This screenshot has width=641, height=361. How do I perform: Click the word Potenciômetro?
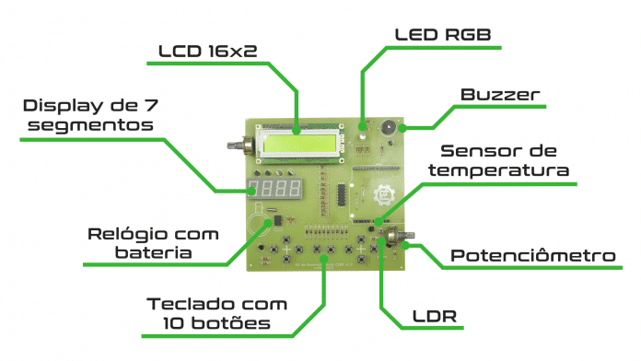click(531, 255)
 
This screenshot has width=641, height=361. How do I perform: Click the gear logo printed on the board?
click(381, 193)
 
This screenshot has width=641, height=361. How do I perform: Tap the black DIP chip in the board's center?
click(339, 194)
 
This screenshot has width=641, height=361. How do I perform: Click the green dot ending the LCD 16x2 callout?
click(297, 122)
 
